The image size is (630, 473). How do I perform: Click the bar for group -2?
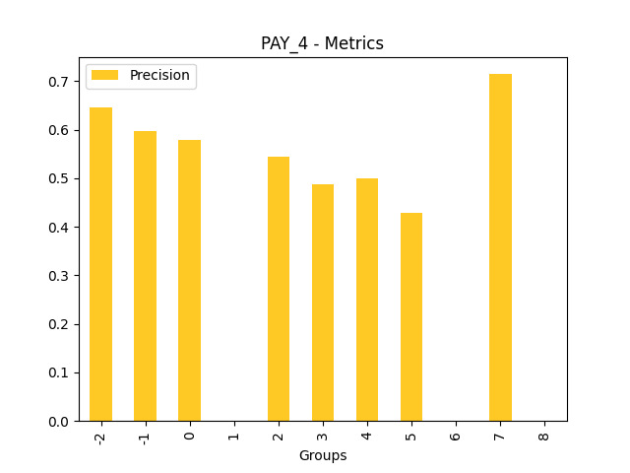click(100, 264)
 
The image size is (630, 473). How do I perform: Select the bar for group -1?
click(145, 276)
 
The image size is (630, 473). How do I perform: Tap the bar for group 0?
click(189, 281)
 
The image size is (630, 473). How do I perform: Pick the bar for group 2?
click(279, 289)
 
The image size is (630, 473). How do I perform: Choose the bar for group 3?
click(323, 303)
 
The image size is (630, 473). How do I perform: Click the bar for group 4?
click(367, 300)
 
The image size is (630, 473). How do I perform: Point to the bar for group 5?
click(411, 317)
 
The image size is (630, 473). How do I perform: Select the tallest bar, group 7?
click(500, 247)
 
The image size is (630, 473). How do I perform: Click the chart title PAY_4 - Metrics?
click(322, 43)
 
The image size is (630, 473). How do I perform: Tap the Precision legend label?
click(159, 76)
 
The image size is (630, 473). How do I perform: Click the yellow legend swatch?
click(106, 76)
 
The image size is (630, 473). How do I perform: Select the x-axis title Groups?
click(323, 456)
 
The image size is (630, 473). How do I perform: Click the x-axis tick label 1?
click(234, 433)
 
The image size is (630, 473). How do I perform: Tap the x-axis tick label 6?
click(456, 433)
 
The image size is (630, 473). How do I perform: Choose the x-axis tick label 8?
click(544, 433)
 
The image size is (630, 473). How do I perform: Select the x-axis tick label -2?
click(100, 436)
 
